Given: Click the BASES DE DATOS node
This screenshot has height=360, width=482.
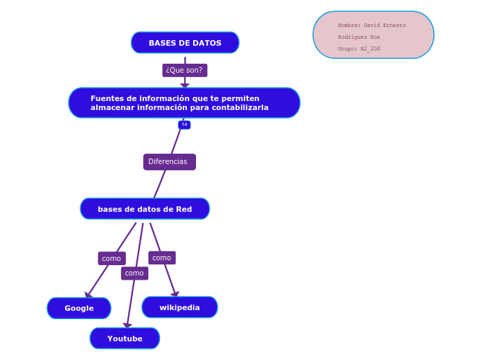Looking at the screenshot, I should point(185,43).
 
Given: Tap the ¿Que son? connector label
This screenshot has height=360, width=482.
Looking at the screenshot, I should point(184,70).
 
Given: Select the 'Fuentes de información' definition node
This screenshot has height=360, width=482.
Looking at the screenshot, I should point(184,102).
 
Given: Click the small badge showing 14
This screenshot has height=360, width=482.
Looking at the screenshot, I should point(184,125).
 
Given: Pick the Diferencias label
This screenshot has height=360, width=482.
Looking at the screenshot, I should point(169,161).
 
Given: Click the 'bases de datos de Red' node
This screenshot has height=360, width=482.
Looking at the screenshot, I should point(145,209).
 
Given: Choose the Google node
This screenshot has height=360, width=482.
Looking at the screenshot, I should point(79,308).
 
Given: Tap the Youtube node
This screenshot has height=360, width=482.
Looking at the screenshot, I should point(125,339).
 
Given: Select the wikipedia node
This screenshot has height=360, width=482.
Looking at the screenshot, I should point(179,307).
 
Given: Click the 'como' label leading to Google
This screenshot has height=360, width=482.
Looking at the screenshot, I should point(111,258).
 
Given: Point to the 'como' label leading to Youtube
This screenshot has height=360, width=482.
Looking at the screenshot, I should point(134,273).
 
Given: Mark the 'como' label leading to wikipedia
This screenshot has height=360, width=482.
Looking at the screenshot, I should point(161,258).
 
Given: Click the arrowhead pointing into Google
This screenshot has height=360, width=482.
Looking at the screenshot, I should point(88,295).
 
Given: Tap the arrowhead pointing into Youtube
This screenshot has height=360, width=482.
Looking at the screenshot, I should point(127,325).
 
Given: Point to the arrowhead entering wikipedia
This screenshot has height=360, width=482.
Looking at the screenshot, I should point(175,294).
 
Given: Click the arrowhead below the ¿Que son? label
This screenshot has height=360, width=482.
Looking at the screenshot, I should point(185,85).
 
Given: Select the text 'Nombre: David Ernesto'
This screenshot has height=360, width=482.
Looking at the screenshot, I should point(371,26).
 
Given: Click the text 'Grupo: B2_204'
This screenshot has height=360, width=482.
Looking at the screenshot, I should point(359,49).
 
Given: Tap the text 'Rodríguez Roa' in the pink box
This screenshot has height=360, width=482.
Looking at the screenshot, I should point(359,37).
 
